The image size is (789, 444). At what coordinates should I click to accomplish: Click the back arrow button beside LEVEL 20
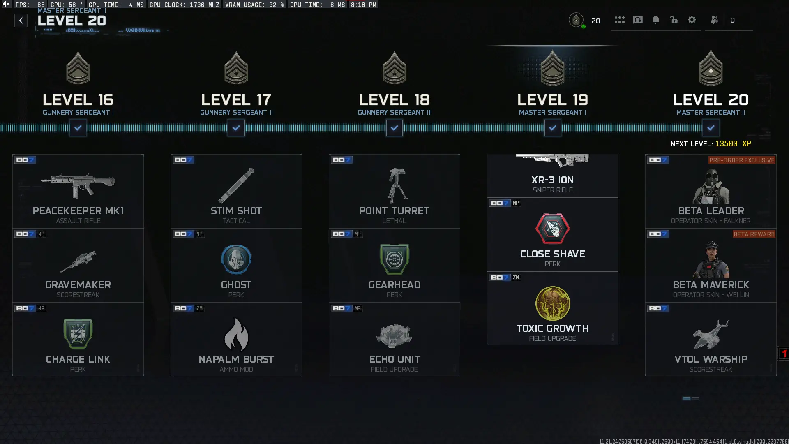[21, 21]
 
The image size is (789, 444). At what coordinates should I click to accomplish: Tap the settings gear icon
[692, 20]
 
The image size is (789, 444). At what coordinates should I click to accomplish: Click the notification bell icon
[655, 20]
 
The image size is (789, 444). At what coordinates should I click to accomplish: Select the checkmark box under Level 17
[236, 128]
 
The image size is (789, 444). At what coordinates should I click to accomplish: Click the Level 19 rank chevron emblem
[552, 68]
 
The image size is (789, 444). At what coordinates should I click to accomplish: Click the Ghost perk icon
[236, 259]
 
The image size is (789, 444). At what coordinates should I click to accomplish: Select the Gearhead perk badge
[394, 259]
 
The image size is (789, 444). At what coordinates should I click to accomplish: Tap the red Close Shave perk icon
[552, 229]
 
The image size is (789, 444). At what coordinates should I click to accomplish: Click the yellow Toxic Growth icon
[552, 303]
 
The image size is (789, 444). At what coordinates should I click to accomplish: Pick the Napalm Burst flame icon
[236, 334]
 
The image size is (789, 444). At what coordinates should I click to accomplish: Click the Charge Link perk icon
[78, 334]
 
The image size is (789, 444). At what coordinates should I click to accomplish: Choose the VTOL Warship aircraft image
[711, 334]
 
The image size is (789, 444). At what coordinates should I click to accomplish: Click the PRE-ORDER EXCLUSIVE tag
[741, 160]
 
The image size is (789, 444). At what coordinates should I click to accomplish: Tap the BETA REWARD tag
[754, 234]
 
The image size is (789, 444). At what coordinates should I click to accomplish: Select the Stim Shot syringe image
[236, 185]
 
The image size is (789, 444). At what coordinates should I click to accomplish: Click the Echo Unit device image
[394, 335]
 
